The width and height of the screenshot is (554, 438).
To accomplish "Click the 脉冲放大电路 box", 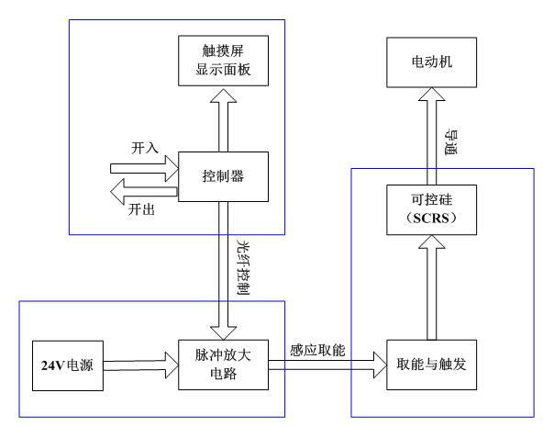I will click(224, 364).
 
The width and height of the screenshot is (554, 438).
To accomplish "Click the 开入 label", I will click(145, 146).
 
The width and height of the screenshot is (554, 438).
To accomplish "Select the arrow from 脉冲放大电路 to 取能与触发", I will click(327, 365).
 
